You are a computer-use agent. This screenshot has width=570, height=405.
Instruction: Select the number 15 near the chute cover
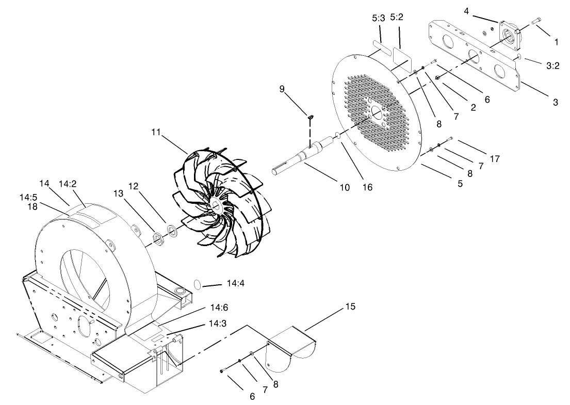[x=350, y=306]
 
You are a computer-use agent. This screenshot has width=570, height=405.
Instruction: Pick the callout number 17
[x=494, y=159]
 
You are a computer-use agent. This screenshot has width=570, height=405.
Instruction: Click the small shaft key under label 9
[x=311, y=118]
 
